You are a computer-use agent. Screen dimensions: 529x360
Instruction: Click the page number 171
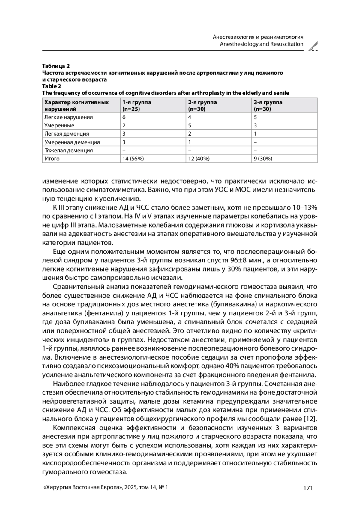(x=308, y=488)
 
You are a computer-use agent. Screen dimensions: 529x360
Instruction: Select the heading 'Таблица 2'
(x=56, y=66)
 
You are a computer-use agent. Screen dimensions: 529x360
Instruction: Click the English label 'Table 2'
(x=52, y=86)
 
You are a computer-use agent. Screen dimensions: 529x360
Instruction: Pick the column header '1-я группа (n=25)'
(x=137, y=106)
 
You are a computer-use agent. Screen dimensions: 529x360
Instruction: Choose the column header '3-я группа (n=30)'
(x=268, y=106)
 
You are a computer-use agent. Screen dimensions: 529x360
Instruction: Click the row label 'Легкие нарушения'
(x=69, y=117)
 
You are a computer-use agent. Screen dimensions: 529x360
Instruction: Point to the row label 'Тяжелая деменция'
(x=69, y=151)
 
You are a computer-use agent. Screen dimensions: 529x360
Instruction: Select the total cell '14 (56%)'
(x=133, y=159)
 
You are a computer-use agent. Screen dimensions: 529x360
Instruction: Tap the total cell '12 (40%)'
(x=199, y=159)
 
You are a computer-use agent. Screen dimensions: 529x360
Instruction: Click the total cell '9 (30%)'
(x=263, y=159)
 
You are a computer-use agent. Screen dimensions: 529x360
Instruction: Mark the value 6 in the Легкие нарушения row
(x=124, y=117)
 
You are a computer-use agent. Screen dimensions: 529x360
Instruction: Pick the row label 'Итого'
(x=52, y=159)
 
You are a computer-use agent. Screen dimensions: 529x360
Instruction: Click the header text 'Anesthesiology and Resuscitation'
(x=262, y=44)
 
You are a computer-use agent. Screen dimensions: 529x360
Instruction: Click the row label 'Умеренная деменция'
(x=72, y=142)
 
